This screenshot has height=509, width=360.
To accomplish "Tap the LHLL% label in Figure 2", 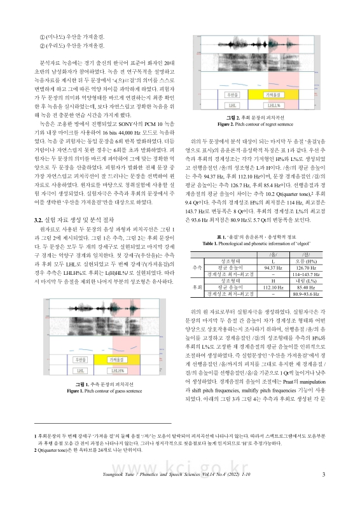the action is click(x=256, y=103).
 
